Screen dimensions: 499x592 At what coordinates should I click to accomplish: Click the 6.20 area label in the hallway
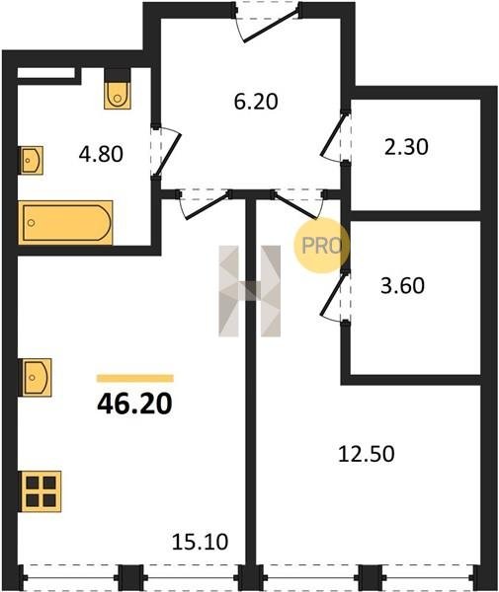click(x=256, y=102)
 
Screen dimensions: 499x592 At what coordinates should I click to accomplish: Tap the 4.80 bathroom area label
click(x=101, y=154)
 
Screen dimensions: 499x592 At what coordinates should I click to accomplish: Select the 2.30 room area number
click(x=406, y=147)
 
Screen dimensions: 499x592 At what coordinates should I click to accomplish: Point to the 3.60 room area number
click(x=402, y=285)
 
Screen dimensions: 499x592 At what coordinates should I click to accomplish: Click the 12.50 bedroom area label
click(x=367, y=454)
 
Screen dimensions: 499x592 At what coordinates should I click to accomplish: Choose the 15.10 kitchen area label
click(x=200, y=542)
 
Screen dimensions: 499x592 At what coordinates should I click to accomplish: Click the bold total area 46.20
click(x=135, y=404)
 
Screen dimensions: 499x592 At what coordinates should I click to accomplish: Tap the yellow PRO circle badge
click(x=322, y=246)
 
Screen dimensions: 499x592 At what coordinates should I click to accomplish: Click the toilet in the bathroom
click(x=118, y=95)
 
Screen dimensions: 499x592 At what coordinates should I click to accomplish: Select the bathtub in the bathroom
click(x=65, y=223)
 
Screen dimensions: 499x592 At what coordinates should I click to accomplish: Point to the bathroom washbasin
click(x=31, y=161)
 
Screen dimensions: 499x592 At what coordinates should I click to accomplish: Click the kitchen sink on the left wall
click(x=36, y=377)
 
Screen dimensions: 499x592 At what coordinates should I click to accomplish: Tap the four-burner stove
click(x=41, y=491)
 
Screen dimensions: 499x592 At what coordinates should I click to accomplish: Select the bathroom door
click(x=166, y=153)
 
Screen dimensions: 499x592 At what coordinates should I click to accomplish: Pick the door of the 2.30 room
click(x=335, y=137)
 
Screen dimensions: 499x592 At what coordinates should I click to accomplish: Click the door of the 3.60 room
click(x=335, y=297)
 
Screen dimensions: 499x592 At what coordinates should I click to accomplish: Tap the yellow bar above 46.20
click(x=135, y=378)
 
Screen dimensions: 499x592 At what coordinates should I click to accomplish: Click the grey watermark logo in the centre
click(x=249, y=291)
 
